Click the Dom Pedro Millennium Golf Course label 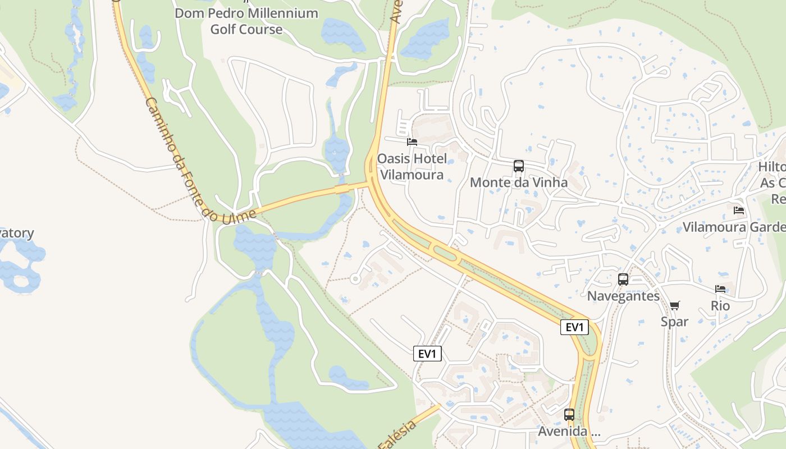(x=246, y=21)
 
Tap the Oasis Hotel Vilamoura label (x=412, y=167)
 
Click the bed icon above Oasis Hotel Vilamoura (x=412, y=142)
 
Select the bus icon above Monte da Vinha (x=519, y=166)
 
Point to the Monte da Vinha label (x=519, y=182)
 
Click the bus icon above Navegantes (x=623, y=280)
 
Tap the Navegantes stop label (x=623, y=296)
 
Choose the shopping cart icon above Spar (x=674, y=305)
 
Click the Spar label (x=674, y=322)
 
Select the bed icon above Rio (x=720, y=289)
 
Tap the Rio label (x=720, y=306)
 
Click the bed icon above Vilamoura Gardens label (x=739, y=210)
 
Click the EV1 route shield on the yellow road (x=574, y=327)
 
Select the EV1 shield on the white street (x=427, y=354)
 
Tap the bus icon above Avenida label (x=569, y=415)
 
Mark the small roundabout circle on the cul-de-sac (x=355, y=278)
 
